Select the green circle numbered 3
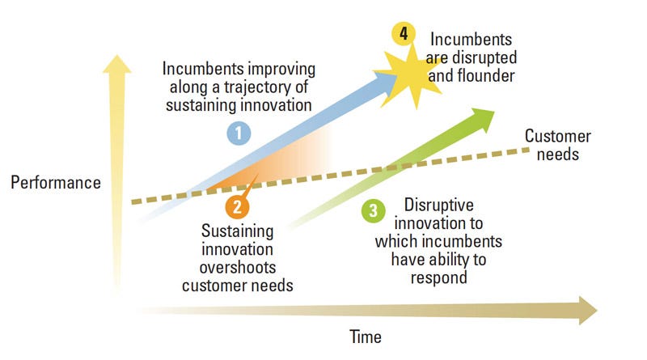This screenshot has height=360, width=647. pos(373,212)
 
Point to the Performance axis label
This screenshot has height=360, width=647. pos(56,183)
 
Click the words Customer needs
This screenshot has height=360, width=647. pos(557,144)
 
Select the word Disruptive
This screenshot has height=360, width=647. pos(436,205)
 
